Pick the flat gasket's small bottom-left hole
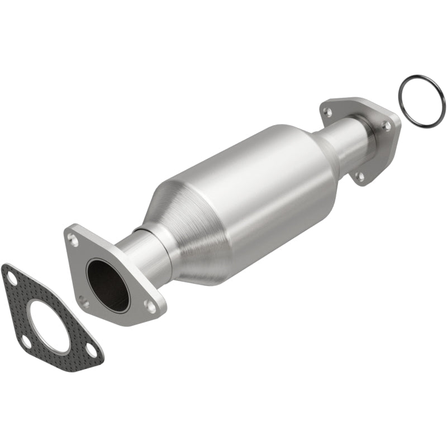[26, 341]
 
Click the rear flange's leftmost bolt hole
[328, 112]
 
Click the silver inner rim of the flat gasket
[34, 313]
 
